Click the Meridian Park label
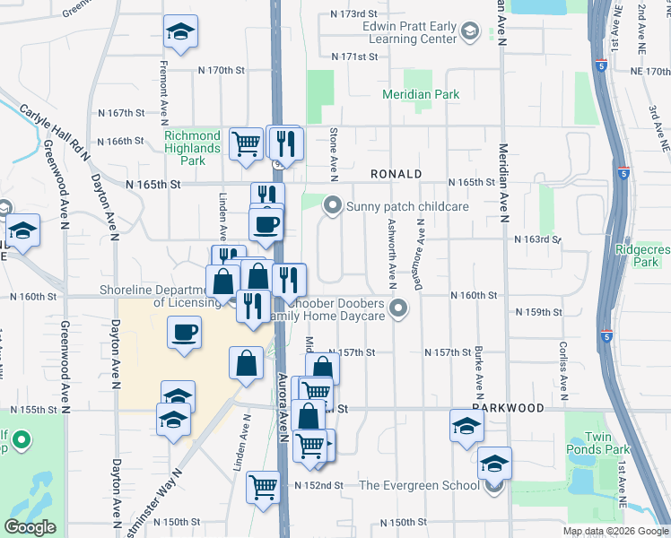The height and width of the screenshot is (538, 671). coord(421,94)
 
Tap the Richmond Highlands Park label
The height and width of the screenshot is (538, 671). coord(192,148)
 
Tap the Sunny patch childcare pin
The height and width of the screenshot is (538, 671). coord(333,206)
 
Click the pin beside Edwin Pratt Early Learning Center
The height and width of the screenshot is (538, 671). coord(468,33)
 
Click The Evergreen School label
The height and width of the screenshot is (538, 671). coord(419,485)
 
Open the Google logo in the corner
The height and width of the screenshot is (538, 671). coord(30,527)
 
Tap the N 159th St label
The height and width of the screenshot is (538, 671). coord(539,312)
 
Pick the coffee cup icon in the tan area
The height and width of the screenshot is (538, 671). coord(185,334)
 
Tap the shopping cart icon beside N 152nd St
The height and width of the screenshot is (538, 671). coord(263,487)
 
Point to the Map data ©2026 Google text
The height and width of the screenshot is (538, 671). coord(614,531)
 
